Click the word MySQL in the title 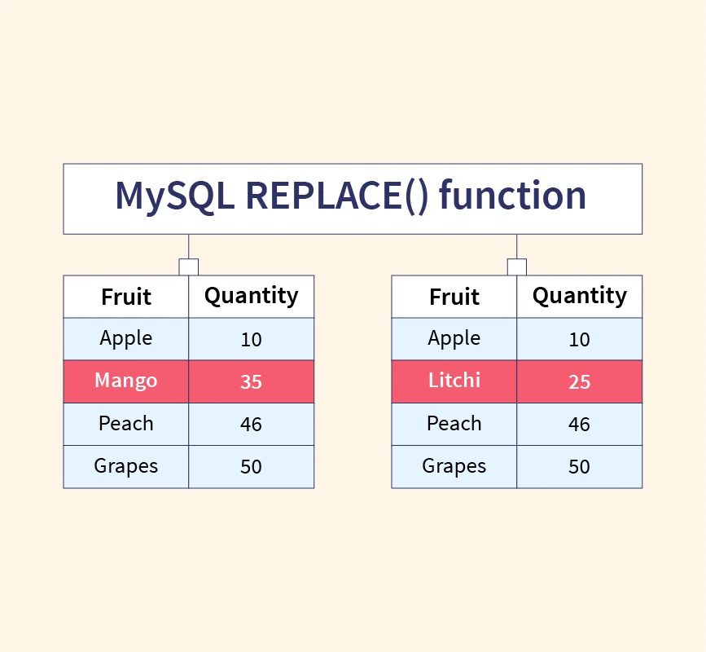click(175, 196)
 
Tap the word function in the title click(512, 195)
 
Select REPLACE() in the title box click(337, 196)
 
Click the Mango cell click(126, 381)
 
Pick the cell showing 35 click(252, 381)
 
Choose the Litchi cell click(454, 381)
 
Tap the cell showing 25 click(580, 381)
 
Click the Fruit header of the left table click(126, 297)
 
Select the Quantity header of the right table click(580, 297)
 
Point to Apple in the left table click(126, 339)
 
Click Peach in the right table click(454, 424)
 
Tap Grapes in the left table click(126, 466)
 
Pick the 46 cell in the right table click(580, 424)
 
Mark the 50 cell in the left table click(252, 466)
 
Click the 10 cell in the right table click(580, 339)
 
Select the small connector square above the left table click(189, 267)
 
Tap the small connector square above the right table click(517, 267)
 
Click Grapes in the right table click(454, 466)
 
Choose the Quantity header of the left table click(252, 297)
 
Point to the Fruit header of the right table click(454, 297)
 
